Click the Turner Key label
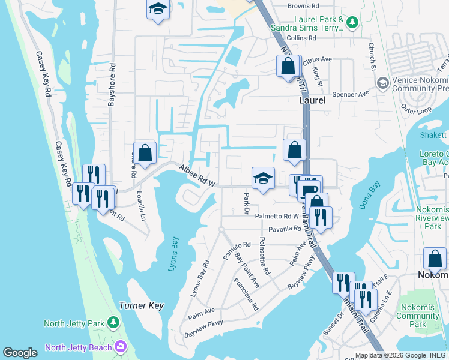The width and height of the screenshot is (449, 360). (x=142, y=305)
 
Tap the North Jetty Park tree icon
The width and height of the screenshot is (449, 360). (x=113, y=323)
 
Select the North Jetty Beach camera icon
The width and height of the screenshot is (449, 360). (x=121, y=347)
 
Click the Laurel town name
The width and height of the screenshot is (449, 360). (x=312, y=101)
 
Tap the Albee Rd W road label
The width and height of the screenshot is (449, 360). (x=197, y=178)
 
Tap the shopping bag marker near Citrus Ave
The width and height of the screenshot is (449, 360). (x=288, y=65)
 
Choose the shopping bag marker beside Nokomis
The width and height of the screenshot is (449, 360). (x=435, y=259)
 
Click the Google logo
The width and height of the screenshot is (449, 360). (x=20, y=353)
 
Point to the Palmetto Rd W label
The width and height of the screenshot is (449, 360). (x=277, y=217)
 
